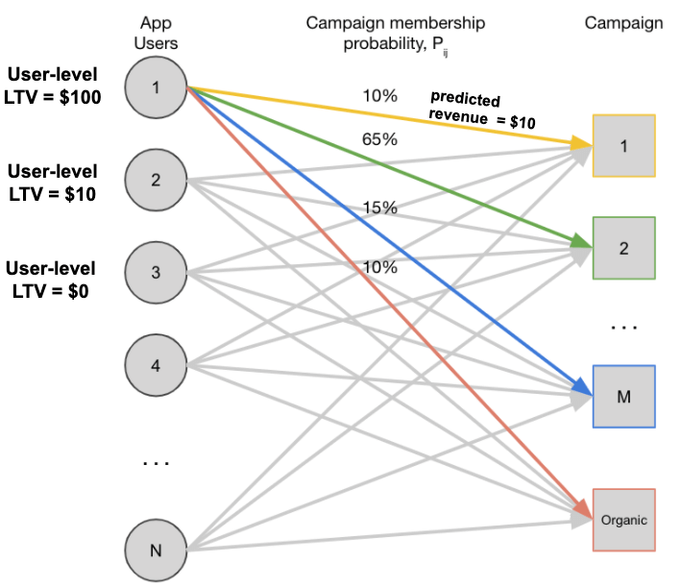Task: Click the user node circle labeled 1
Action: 157,87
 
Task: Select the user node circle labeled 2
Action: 157,180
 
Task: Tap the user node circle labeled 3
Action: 157,272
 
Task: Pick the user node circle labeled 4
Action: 157,364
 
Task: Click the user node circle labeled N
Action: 157,550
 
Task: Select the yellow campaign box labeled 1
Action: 623,146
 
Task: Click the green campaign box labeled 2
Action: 623,248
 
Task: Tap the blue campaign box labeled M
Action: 623,396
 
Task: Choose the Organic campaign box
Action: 623,520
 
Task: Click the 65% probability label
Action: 380,139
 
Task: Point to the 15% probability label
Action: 380,208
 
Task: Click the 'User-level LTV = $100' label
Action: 54,85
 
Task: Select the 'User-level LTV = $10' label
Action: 54,183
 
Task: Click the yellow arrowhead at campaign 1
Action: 581,144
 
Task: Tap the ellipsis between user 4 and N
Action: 156,462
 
